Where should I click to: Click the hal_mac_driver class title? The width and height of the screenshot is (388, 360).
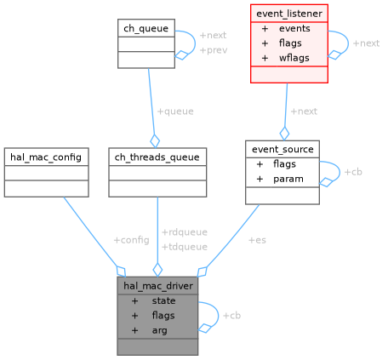tap(157, 285)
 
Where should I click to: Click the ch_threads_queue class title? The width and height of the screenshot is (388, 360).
tap(157, 157)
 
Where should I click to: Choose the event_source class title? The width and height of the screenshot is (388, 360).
tap(282, 149)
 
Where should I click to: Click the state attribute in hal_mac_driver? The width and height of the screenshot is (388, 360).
tap(163, 300)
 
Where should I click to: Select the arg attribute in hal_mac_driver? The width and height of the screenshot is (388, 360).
tap(159, 329)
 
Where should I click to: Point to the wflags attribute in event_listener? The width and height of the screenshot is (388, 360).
tap(294, 57)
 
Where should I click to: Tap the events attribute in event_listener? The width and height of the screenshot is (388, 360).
tap(294, 28)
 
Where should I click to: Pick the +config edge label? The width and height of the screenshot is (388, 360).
tap(131, 240)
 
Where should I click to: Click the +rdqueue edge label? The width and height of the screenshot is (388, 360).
tap(184, 231)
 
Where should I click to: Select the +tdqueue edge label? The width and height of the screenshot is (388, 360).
tap(184, 246)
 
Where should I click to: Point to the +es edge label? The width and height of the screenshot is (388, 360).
tap(257, 240)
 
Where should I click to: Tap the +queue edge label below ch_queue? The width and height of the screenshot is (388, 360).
tap(175, 111)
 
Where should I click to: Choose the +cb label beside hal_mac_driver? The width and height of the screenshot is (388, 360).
tap(231, 316)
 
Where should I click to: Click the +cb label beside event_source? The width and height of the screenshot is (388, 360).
tap(353, 171)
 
